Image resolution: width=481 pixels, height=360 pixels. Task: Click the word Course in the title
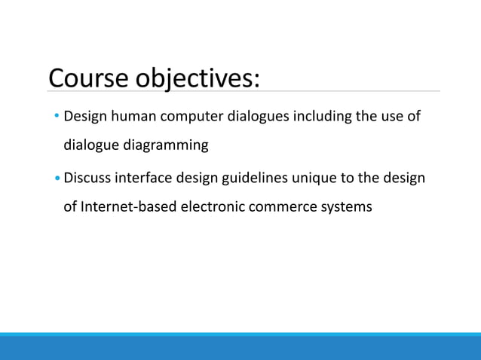tap(90, 78)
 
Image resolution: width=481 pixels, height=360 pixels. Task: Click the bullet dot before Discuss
tap(57, 178)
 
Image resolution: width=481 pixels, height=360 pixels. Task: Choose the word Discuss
tap(88, 178)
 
